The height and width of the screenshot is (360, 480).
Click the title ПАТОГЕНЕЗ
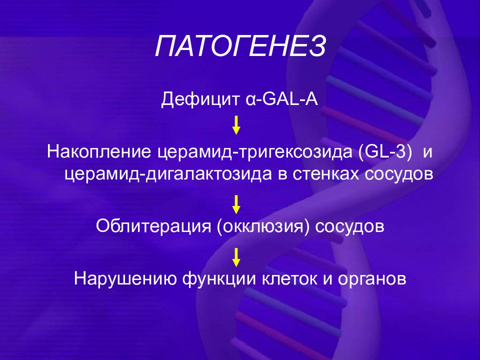pyautogui.click(x=240, y=46)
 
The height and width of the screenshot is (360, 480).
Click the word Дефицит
pyautogui.click(x=200, y=99)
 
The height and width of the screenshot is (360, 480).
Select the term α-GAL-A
pyautogui.click(x=282, y=98)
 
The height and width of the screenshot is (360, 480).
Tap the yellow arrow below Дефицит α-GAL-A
pyautogui.click(x=236, y=125)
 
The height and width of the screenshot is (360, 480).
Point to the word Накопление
pyautogui.click(x=99, y=151)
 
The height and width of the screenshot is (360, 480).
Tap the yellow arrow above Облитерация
pyautogui.click(x=236, y=204)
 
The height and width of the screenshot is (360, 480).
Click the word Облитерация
pyautogui.click(x=153, y=226)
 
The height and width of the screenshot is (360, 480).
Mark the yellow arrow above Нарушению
pyautogui.click(x=236, y=257)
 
